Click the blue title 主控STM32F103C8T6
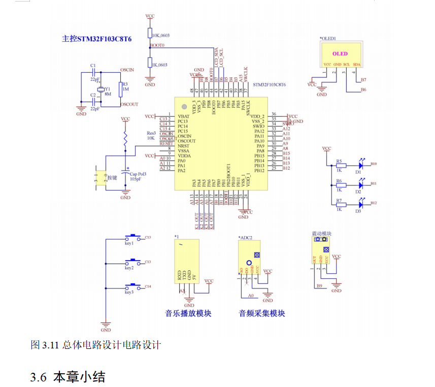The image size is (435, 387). click(x=97, y=38)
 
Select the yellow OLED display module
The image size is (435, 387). click(x=340, y=54)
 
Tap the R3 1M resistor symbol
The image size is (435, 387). click(x=120, y=89)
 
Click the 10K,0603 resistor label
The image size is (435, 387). click(x=161, y=35)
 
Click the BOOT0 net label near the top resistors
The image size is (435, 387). click(x=157, y=46)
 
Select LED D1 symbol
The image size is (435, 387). click(x=361, y=165)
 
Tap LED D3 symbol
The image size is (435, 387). click(x=361, y=204)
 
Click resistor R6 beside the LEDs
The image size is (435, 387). click(x=341, y=185)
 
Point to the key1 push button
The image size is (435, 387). click(x=133, y=238)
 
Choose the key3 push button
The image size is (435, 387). click(x=133, y=287)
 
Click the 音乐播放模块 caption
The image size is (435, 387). click(x=188, y=313)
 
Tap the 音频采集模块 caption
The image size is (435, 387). click(x=262, y=313)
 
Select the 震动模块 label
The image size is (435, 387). click(x=321, y=234)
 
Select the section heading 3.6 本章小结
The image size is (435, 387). click(x=68, y=377)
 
